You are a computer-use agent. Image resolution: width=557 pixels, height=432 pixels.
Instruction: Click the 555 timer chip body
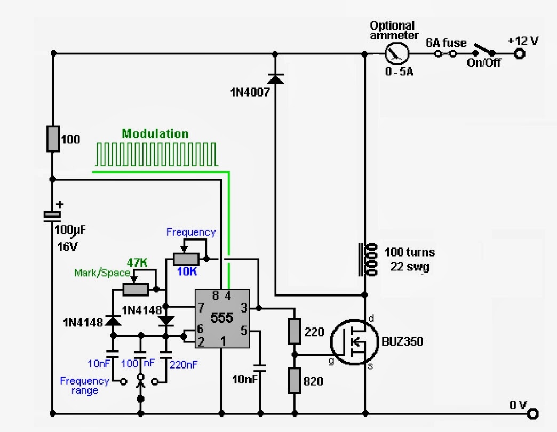pos(222,318)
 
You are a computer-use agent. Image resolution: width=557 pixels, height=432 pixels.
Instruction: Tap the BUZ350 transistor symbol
pos(354,342)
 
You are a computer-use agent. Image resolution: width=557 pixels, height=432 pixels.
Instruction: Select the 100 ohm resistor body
pos(53,139)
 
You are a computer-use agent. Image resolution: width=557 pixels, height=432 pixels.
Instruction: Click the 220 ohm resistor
pos(294,332)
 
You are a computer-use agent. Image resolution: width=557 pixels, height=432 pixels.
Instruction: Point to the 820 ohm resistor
pos(294,380)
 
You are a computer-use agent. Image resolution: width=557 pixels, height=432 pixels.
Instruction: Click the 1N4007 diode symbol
pos(275,78)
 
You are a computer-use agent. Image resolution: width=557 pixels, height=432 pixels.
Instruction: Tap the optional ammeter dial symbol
pos(397,54)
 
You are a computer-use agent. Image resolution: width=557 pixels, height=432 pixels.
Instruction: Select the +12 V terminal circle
pos(520,54)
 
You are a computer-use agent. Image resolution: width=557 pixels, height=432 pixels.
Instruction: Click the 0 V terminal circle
pos(533,413)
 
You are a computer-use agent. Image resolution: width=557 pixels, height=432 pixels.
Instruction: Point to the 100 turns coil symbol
pos(368,260)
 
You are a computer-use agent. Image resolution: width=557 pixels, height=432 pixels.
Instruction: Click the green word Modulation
pos(155,133)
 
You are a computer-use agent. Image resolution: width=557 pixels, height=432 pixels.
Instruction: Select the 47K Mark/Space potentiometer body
pos(136,290)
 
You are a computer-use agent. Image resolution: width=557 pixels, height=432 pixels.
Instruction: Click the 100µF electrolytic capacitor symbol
pos(52,217)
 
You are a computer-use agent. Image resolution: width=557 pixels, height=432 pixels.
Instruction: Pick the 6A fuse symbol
pos(446,54)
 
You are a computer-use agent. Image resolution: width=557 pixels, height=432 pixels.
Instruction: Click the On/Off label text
pos(483,63)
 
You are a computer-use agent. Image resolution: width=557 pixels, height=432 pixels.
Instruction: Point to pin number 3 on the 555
pos(244,308)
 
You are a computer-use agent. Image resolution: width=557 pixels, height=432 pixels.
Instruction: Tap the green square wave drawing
pos(156,155)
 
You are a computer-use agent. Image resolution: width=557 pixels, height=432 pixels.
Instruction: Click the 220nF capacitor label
pos(184,365)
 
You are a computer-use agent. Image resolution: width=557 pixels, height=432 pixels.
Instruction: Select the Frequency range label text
pos(84,386)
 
